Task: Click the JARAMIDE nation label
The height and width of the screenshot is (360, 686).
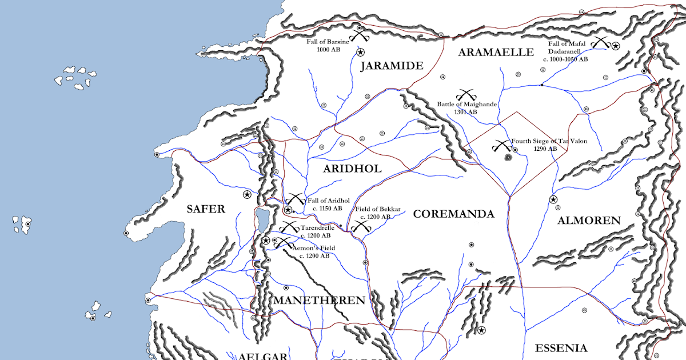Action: point(392,66)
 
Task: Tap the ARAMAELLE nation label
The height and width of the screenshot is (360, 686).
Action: point(496,53)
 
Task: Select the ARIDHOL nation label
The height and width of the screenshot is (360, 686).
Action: point(352,169)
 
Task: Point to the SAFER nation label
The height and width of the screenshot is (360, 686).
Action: point(206,209)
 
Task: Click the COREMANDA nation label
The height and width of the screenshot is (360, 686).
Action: point(453,214)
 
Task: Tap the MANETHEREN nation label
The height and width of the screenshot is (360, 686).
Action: point(319,301)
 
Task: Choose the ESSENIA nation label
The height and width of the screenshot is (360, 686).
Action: point(561,348)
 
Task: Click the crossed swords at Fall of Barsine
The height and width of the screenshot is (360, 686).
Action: point(360,36)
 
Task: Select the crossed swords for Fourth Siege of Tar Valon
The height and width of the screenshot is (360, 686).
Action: point(501,146)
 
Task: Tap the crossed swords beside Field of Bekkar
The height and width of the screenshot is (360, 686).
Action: point(361,226)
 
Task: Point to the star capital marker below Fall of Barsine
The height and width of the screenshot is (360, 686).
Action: point(360,52)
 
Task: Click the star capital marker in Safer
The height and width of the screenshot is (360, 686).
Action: point(247,195)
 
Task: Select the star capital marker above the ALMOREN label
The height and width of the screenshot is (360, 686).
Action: point(553,199)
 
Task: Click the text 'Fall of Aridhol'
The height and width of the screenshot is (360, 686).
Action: point(328,201)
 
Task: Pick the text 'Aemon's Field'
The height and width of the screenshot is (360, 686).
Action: point(313,248)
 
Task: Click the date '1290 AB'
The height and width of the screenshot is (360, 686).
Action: point(545,149)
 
